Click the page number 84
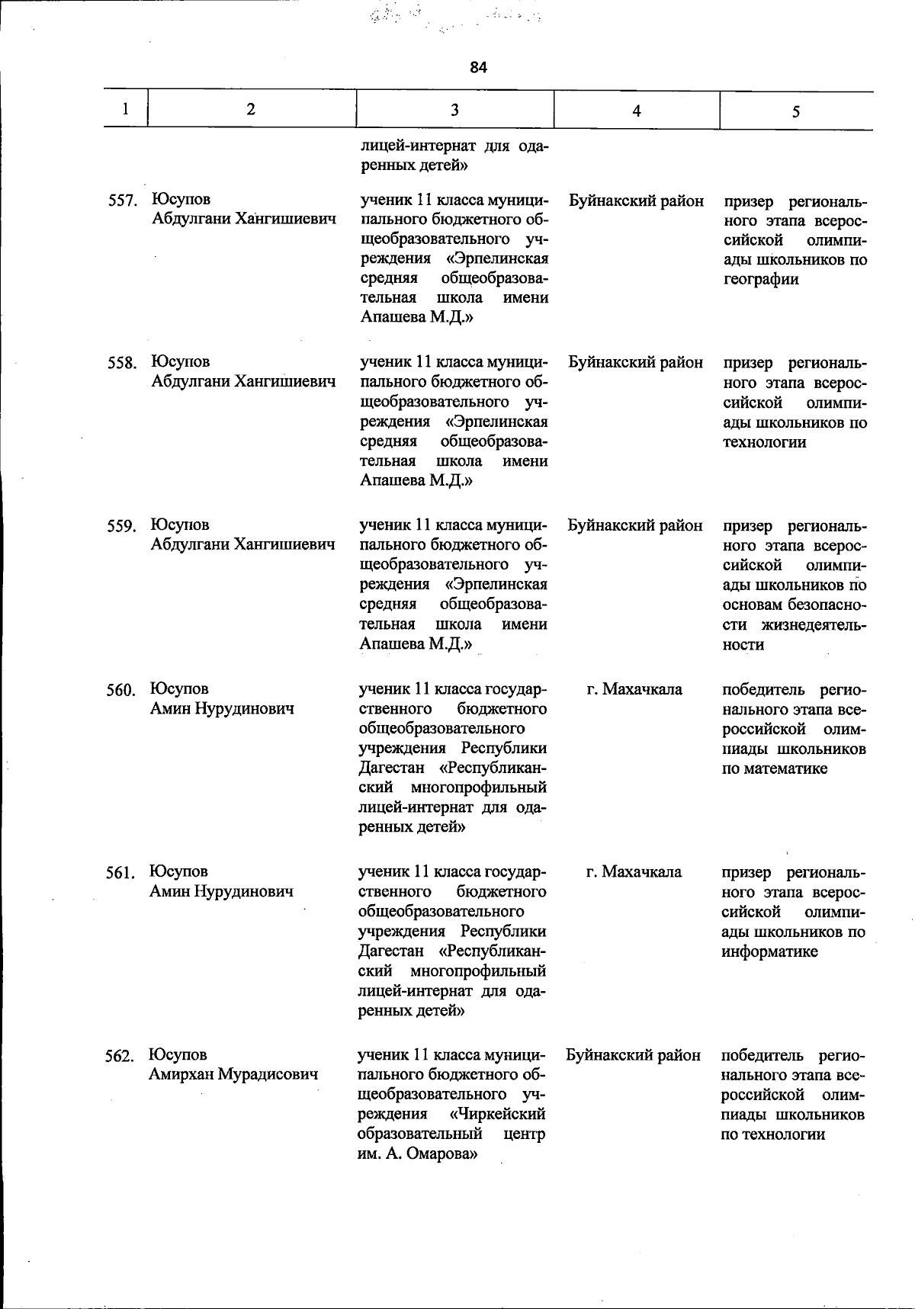[x=478, y=67]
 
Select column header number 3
[x=454, y=110]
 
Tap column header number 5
[x=795, y=112]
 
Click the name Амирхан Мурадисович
[x=233, y=1074]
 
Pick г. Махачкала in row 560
[x=634, y=689]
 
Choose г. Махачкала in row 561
[x=634, y=871]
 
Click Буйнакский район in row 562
[x=634, y=1054]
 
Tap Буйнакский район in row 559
[x=635, y=525]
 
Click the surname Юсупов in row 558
[x=181, y=361]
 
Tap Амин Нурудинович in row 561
[x=221, y=891]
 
